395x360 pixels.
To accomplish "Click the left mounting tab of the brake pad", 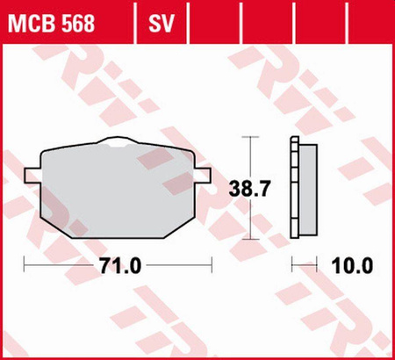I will tap(33, 176).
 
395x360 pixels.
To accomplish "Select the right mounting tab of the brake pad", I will tap(205, 176).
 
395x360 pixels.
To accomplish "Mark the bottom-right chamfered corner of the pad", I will tap(187, 228).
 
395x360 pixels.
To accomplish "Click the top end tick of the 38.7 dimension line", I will tap(252, 138).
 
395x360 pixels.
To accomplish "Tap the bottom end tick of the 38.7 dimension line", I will tap(252, 239).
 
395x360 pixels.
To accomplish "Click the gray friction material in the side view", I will tap(308, 188).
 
